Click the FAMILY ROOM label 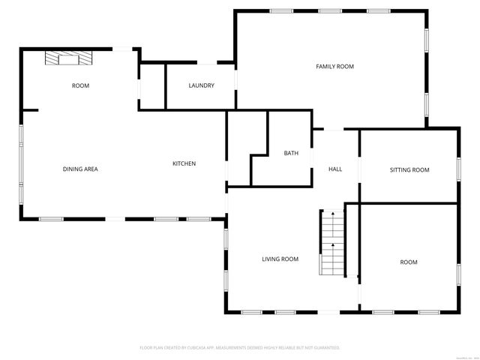point(334,67)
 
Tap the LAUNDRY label point(201,85)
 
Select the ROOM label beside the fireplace point(80,85)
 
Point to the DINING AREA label point(80,169)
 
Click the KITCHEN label point(184,163)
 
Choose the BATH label point(291,153)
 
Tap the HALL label point(335,169)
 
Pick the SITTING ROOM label point(409,169)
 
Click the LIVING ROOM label point(280,259)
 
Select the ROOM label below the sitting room point(408,262)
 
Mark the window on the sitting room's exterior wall point(457,168)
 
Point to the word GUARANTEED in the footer point(325,348)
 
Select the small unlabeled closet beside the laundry point(151,86)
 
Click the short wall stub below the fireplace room point(30,111)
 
